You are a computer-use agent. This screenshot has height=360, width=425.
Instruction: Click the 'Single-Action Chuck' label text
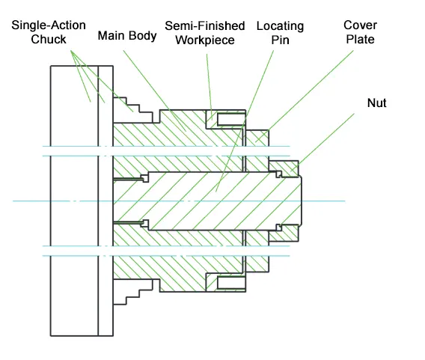pyautogui.click(x=49, y=32)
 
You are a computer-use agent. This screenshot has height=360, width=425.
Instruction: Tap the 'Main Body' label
pyautogui.click(x=127, y=36)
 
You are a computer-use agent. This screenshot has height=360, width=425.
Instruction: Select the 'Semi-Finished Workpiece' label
pyautogui.click(x=205, y=33)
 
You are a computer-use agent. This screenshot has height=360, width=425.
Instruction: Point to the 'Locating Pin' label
pyautogui.click(x=281, y=33)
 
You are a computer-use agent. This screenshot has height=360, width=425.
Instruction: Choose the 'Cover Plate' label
pyautogui.click(x=360, y=32)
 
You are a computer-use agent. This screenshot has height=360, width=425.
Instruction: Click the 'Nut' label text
pyautogui.click(x=377, y=103)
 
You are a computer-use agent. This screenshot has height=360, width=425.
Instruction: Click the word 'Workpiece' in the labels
pyautogui.click(x=205, y=40)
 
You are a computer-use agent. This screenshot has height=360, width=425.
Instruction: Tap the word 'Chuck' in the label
pyautogui.click(x=49, y=40)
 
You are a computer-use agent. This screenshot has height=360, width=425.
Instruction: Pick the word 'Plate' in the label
pyautogui.click(x=360, y=40)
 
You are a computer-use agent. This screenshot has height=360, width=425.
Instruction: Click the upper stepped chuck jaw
pyautogui.click(x=133, y=111)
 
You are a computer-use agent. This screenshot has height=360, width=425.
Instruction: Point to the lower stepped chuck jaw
pyautogui.click(x=133, y=292)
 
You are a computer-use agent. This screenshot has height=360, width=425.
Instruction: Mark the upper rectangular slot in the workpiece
pyautogui.click(x=231, y=120)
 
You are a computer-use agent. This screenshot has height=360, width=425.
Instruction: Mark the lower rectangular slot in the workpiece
pyautogui.click(x=231, y=283)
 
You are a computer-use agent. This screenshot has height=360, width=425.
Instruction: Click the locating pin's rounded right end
pyautogui.click(x=300, y=201)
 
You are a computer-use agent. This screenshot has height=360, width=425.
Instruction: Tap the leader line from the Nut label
pyautogui.click(x=322, y=142)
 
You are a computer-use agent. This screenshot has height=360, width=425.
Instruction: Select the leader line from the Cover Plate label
pyautogui.click(x=305, y=97)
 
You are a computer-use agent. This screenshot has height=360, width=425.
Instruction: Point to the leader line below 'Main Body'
pyautogui.click(x=154, y=91)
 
